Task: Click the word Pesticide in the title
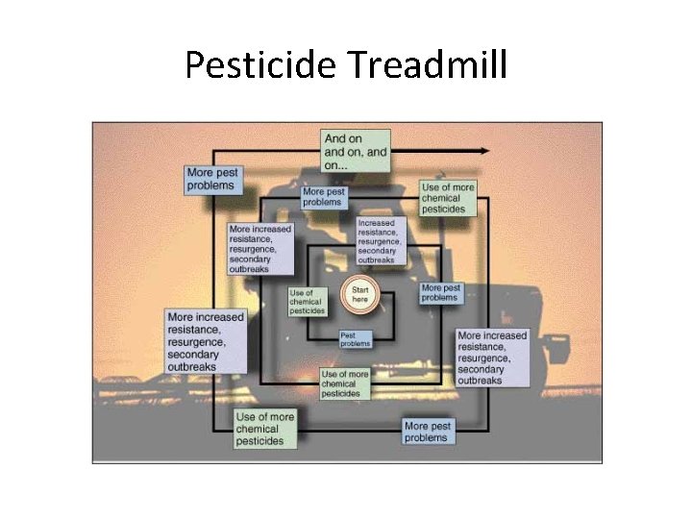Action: tap(260, 65)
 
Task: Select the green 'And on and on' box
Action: tap(357, 151)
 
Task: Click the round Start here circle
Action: tap(360, 293)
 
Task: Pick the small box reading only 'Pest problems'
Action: tap(356, 338)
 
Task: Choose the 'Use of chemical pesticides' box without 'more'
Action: tap(308, 302)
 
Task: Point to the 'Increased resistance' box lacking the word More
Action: tap(381, 240)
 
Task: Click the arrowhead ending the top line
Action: tap(484, 151)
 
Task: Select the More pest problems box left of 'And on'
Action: tap(213, 180)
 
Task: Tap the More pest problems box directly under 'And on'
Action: tap(323, 196)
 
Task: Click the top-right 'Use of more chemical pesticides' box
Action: tap(447, 198)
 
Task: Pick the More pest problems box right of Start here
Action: tap(440, 292)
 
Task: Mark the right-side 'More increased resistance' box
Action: tap(492, 358)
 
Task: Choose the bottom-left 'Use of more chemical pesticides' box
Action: tap(265, 429)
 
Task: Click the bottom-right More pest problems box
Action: tap(427, 432)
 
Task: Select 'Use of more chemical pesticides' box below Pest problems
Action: tap(344, 383)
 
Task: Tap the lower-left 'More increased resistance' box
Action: tap(206, 341)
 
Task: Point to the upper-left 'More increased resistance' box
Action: tap(259, 249)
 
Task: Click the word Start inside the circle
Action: tap(360, 288)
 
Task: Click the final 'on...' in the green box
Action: tap(338, 164)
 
